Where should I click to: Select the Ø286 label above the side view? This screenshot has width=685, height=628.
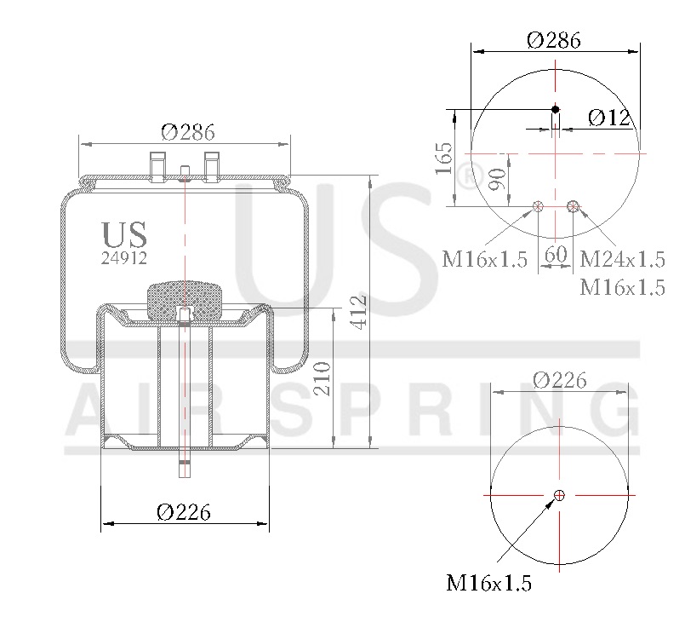click(x=187, y=133)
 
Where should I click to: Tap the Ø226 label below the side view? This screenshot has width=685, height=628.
click(x=184, y=512)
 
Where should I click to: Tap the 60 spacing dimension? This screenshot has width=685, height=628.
click(x=555, y=254)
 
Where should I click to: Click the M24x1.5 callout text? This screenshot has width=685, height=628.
click(x=621, y=258)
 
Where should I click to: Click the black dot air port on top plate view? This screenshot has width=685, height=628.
click(x=555, y=109)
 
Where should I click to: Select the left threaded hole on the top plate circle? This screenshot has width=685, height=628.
click(x=537, y=205)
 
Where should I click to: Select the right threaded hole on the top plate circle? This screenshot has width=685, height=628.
click(x=573, y=205)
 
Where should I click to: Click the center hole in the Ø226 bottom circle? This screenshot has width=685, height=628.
click(x=559, y=495)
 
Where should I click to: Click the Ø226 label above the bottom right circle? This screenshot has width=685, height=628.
click(x=559, y=381)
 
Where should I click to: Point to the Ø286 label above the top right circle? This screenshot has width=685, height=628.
click(x=554, y=40)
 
